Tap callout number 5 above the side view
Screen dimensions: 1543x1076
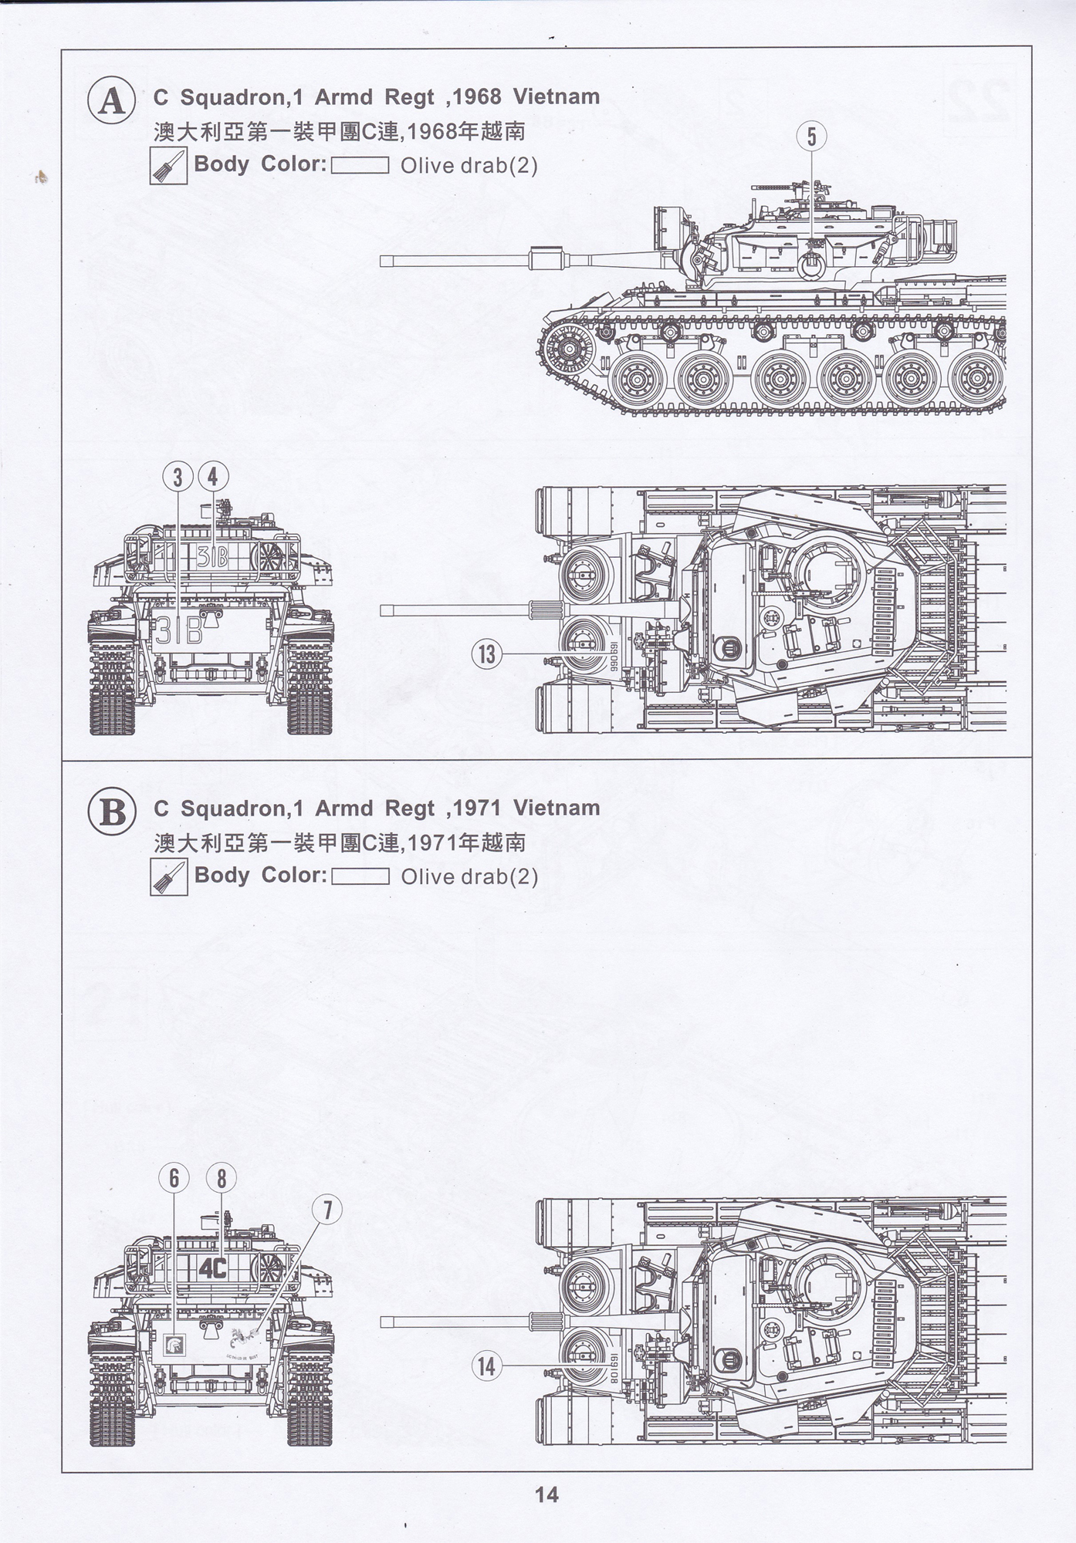[811, 137]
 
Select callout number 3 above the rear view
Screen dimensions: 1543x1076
[178, 477]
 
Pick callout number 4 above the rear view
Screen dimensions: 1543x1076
[213, 477]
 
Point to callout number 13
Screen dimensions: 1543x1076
[486, 654]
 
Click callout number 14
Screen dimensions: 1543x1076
[486, 1366]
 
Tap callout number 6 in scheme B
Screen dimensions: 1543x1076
[174, 1178]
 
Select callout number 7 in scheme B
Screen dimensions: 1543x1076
[327, 1210]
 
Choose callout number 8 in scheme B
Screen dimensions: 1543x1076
[222, 1178]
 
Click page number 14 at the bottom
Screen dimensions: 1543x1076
[546, 1494]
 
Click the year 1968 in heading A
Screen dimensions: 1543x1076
[477, 97]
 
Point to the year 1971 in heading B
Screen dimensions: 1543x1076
[477, 809]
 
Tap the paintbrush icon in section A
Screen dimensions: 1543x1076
[169, 166]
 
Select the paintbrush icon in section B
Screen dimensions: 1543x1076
[169, 877]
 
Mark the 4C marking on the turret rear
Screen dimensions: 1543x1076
[211, 1268]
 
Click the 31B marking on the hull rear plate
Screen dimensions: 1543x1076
[178, 632]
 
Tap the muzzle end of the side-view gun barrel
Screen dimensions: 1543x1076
[384, 262]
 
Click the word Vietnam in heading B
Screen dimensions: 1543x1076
[557, 809]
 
